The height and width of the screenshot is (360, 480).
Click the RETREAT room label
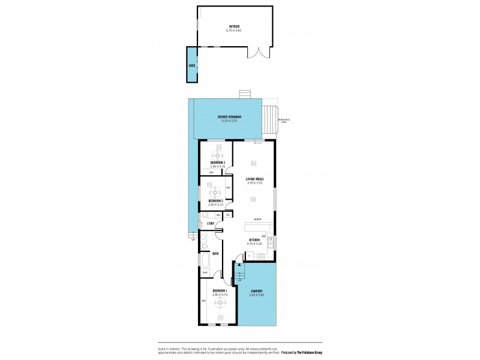tap(235, 26)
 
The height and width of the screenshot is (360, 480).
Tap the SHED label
tap(191, 65)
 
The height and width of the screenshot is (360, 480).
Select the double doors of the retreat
tap(259, 53)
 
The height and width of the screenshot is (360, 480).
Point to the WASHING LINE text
tap(283, 121)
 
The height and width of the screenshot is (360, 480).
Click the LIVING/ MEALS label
tap(254, 179)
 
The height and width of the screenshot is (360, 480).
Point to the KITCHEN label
tap(254, 240)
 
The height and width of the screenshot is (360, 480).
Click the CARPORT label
tap(257, 292)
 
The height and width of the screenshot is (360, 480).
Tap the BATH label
tap(215, 253)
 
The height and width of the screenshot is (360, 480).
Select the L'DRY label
tap(211, 224)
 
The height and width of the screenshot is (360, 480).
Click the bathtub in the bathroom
tap(205, 261)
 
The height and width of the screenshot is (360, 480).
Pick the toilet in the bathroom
tap(205, 245)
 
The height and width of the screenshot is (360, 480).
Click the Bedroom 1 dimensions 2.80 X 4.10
tap(220, 295)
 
